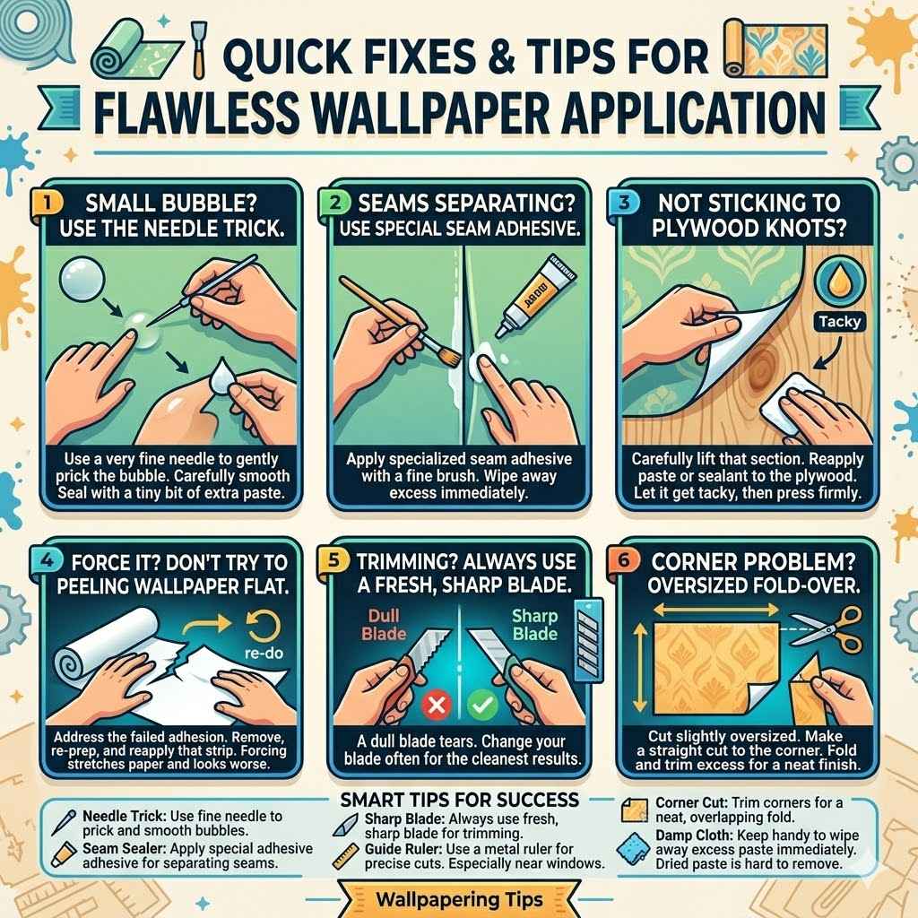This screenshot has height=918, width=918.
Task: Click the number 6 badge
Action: point(628,561)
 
